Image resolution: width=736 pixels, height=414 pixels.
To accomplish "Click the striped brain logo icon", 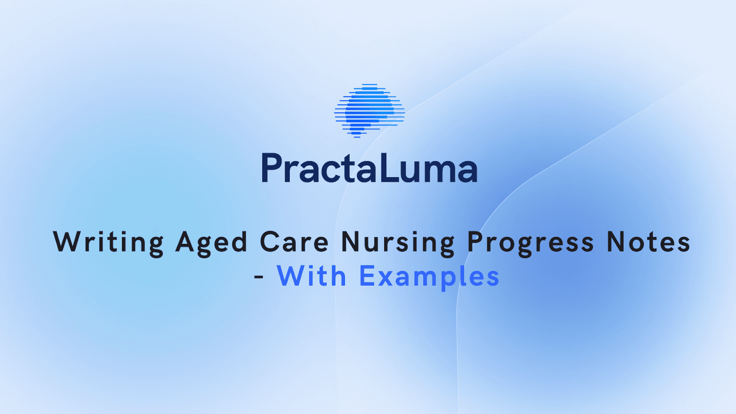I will coord(369,111).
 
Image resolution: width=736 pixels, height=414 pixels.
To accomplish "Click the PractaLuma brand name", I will coord(369,168).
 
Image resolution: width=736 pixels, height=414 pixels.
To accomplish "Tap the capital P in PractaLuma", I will coord(271,168).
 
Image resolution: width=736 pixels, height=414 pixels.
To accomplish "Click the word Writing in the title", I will coord(109,242).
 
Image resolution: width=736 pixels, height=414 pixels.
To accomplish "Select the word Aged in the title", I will coord(211,242).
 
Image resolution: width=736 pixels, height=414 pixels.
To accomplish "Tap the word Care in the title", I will coord(294,242).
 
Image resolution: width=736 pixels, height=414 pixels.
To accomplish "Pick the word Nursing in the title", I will coord(398,242).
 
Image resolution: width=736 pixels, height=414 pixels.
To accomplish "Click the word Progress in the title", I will coord(531,242).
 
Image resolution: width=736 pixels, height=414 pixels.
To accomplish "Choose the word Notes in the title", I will coord(649,242).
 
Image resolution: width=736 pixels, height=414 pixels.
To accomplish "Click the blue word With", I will coord(311,276).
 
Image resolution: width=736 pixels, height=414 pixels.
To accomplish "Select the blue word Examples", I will coord(429,276).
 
